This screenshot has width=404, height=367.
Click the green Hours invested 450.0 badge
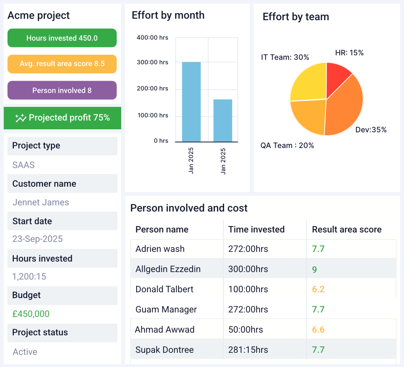62,38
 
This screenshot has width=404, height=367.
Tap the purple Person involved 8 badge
62,90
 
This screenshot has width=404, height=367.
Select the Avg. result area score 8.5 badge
62,64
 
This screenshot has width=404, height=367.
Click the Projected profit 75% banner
62,118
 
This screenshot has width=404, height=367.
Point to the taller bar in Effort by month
191,102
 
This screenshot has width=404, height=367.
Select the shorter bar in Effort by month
223,120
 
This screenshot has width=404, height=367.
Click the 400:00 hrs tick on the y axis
152,37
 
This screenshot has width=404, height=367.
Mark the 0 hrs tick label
161,141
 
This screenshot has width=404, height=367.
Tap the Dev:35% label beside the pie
371,130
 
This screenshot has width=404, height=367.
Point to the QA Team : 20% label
287,145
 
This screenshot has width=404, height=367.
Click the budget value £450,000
31,314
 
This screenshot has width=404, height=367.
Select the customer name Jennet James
41,203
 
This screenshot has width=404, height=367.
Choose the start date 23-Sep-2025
37,239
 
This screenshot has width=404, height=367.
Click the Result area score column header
347,229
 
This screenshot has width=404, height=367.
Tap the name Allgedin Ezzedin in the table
168,269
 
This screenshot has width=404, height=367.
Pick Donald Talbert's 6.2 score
318,289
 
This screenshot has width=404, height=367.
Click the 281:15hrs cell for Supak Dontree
248,350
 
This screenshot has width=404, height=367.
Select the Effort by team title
296,17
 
